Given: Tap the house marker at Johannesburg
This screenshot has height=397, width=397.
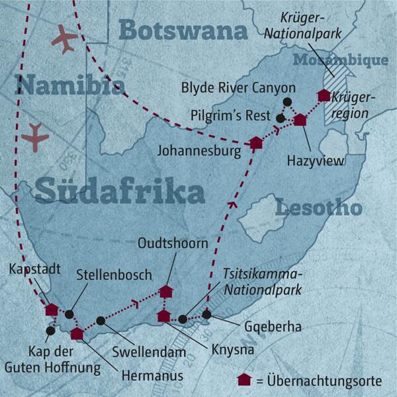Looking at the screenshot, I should [256, 142].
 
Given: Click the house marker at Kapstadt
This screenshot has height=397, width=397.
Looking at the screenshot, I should [51, 310].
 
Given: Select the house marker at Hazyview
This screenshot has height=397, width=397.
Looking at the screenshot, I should [300, 120].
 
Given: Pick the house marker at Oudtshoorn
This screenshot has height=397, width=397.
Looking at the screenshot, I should [165, 292].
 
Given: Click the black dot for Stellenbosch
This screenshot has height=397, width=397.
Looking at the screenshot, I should [69, 315].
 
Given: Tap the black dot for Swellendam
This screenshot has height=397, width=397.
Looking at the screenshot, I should [101, 321].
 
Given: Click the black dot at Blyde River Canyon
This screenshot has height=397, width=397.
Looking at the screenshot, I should [287, 101].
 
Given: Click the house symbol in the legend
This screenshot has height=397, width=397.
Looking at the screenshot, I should [244, 380].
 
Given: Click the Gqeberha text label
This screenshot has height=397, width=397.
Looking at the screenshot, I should [263, 327].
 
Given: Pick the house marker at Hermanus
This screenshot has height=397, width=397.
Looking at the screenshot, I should [78, 333].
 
